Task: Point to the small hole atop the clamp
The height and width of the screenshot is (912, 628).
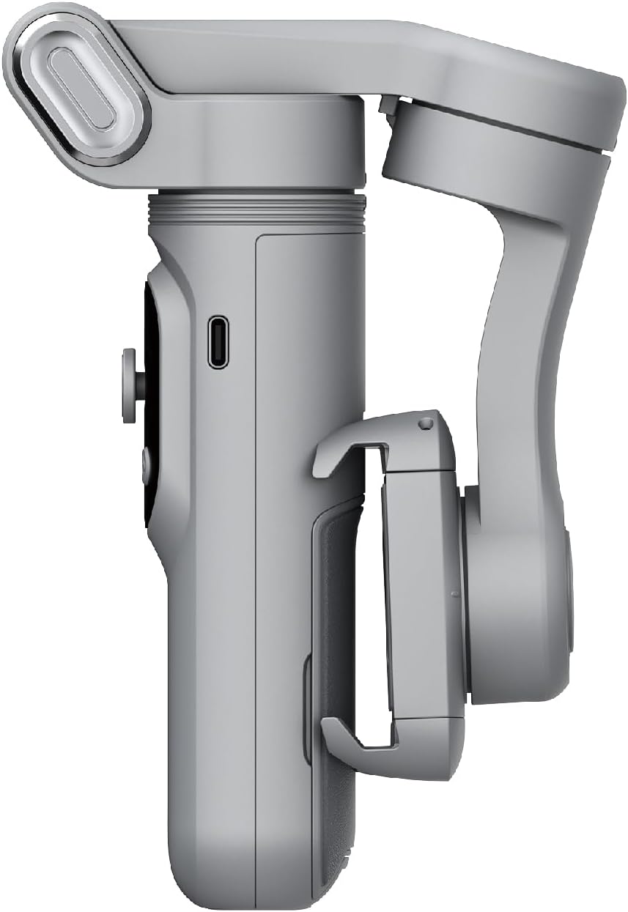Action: coord(424,423)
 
